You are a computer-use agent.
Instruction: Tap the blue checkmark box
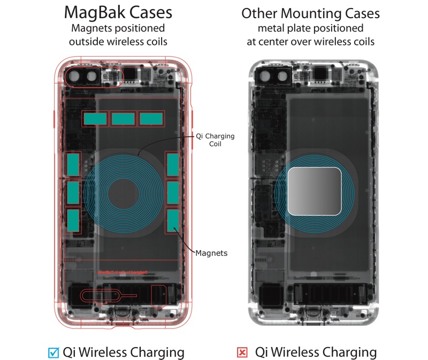tap(53, 352)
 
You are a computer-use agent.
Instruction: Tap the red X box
tap(242, 353)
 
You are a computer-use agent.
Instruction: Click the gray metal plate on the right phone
tap(315, 191)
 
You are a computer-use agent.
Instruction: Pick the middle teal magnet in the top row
tap(123, 119)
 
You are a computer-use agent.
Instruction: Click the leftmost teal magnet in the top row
tap(95, 119)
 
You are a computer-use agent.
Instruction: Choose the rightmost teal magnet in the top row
tap(151, 119)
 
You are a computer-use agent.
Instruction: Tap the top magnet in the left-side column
tap(73, 165)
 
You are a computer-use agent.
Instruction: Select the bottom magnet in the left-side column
tap(73, 220)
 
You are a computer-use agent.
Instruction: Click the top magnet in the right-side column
tap(172, 164)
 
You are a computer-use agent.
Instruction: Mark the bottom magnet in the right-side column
tap(172, 220)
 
